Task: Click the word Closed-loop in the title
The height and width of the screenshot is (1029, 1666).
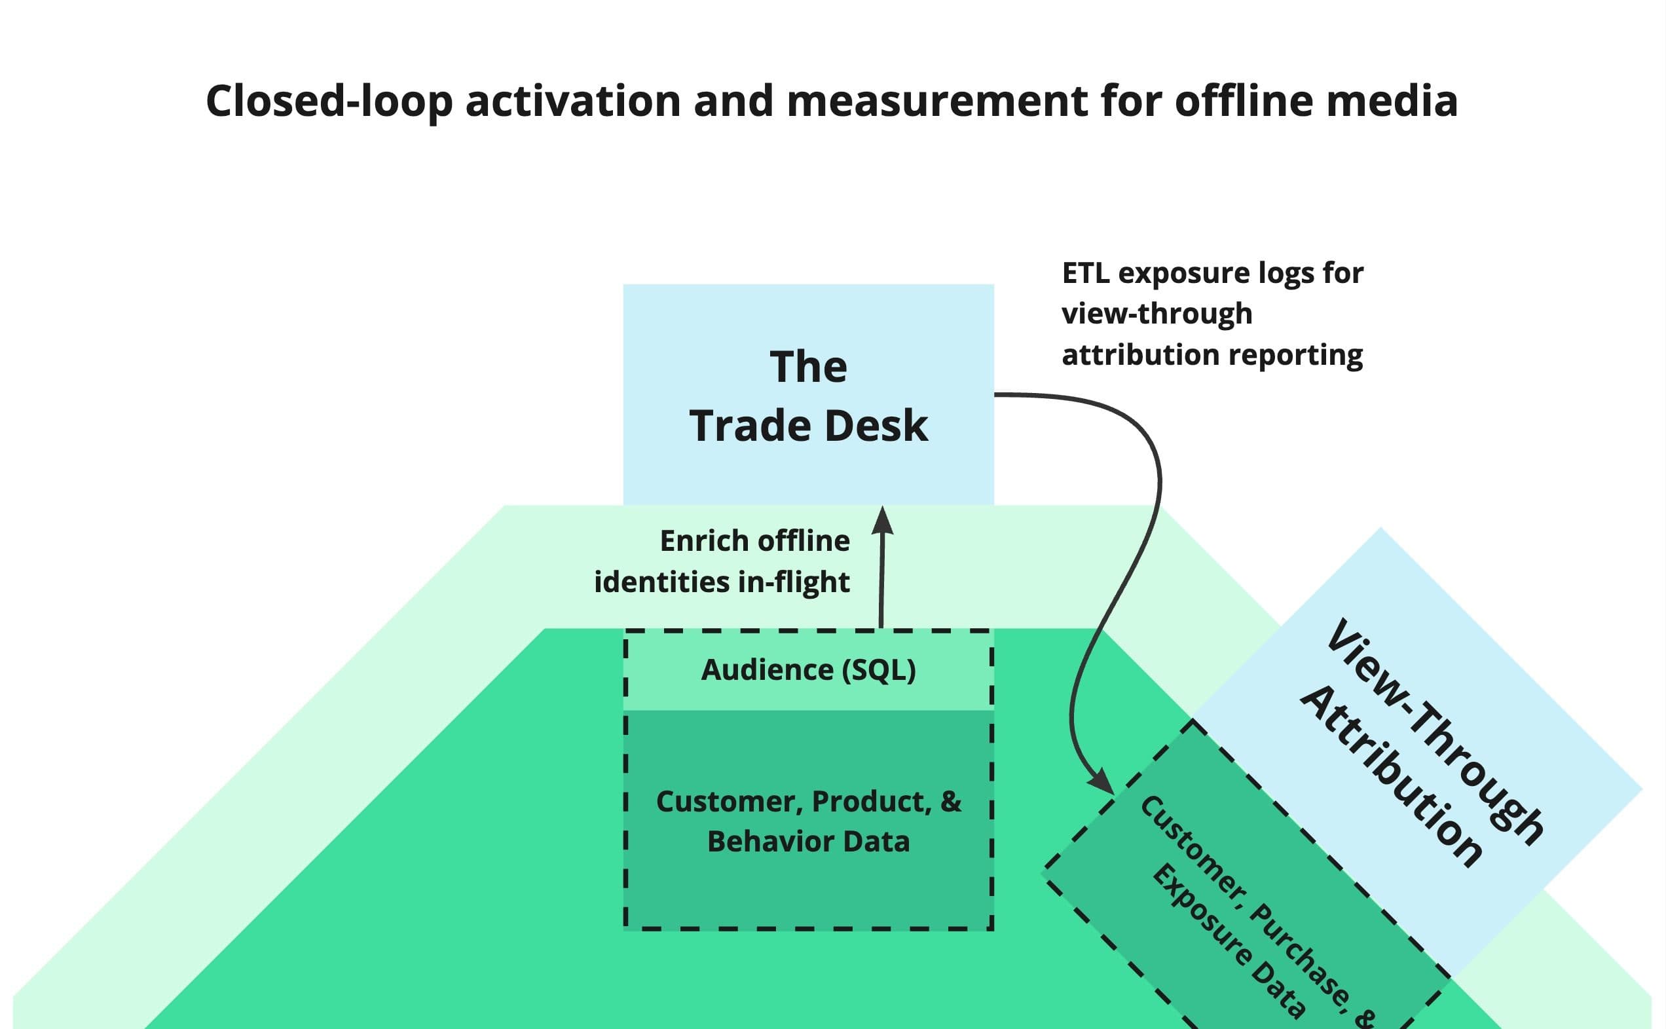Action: (329, 101)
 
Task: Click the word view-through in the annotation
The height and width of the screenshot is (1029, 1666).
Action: (1157, 314)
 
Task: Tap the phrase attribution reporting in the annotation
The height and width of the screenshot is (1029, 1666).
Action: (1212, 354)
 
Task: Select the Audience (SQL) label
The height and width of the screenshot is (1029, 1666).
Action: (808, 669)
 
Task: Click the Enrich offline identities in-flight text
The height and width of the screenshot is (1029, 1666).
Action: (722, 561)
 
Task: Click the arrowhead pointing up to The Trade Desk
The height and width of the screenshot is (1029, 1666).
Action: (882, 521)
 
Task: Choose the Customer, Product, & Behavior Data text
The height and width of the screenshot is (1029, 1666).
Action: (808, 821)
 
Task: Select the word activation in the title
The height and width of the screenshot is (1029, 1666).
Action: (572, 101)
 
